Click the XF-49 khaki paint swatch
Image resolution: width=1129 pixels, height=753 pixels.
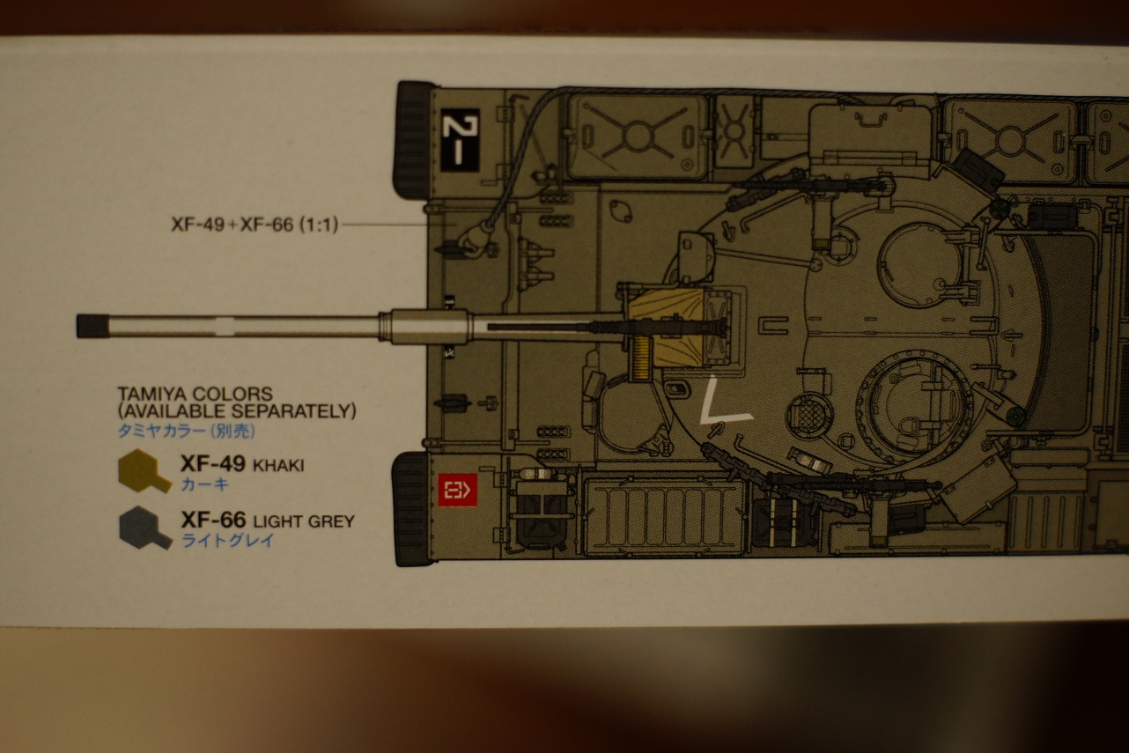click(x=144, y=470)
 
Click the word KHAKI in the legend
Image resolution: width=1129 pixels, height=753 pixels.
click(x=277, y=465)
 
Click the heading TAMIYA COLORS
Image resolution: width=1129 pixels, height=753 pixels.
click(x=195, y=394)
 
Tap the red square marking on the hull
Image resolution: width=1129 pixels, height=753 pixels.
click(x=457, y=489)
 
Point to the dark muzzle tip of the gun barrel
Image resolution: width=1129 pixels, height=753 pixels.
click(x=91, y=326)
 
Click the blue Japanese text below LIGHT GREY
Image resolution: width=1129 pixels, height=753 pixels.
click(x=227, y=541)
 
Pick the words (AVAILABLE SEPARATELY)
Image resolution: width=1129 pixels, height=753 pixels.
click(x=237, y=411)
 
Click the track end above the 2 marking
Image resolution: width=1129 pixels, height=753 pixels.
click(x=414, y=139)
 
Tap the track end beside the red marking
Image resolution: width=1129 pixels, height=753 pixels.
click(x=411, y=508)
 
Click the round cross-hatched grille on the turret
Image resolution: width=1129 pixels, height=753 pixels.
click(x=805, y=413)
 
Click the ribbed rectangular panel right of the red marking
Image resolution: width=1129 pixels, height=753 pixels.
click(x=662, y=516)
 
